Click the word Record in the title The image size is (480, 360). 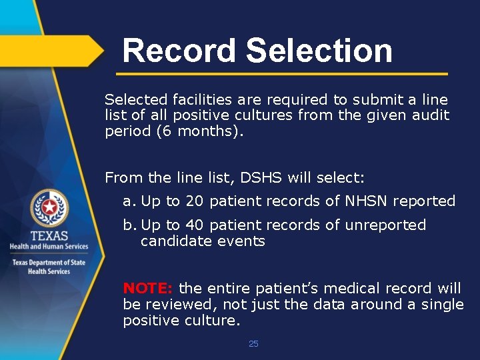pyautogui.click(x=179, y=51)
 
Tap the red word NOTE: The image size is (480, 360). pyautogui.click(x=148, y=289)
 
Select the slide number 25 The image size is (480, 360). pyautogui.click(x=253, y=344)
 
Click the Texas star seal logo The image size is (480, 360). pyautogui.click(x=49, y=208)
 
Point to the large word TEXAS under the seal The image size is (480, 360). pyautogui.click(x=49, y=235)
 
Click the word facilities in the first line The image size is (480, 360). pyautogui.click(x=201, y=100)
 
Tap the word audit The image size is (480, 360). pyautogui.click(x=431, y=115)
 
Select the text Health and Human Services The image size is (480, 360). pyautogui.click(x=49, y=247)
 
